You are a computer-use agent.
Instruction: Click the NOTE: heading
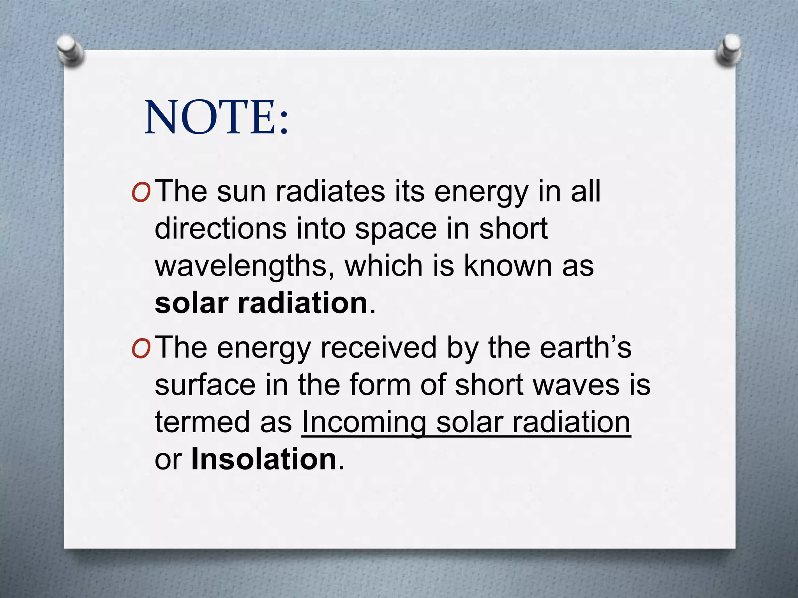coord(217,117)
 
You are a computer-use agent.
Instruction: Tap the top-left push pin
coord(71,51)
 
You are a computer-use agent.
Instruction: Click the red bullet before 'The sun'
coord(140,193)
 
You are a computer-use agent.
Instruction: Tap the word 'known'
coord(508,266)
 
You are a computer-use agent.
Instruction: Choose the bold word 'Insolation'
coord(264,459)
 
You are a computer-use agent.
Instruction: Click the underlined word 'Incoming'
coord(364,423)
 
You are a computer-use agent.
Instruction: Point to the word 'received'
coord(378,347)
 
